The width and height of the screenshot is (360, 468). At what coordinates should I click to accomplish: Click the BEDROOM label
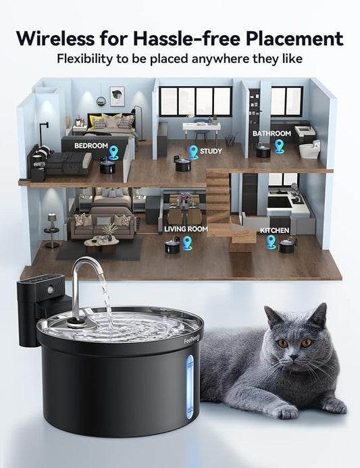(x=91, y=145)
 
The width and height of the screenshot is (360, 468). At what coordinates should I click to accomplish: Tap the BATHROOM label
(x=272, y=134)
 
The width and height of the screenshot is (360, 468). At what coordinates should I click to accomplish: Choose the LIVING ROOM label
(x=186, y=229)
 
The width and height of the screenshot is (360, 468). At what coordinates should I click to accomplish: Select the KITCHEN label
(x=274, y=231)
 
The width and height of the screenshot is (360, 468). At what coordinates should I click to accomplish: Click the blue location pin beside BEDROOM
(x=114, y=153)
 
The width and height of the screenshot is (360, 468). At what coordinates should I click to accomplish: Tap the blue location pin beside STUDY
(x=193, y=152)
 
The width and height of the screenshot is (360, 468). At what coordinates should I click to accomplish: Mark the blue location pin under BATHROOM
(x=279, y=147)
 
